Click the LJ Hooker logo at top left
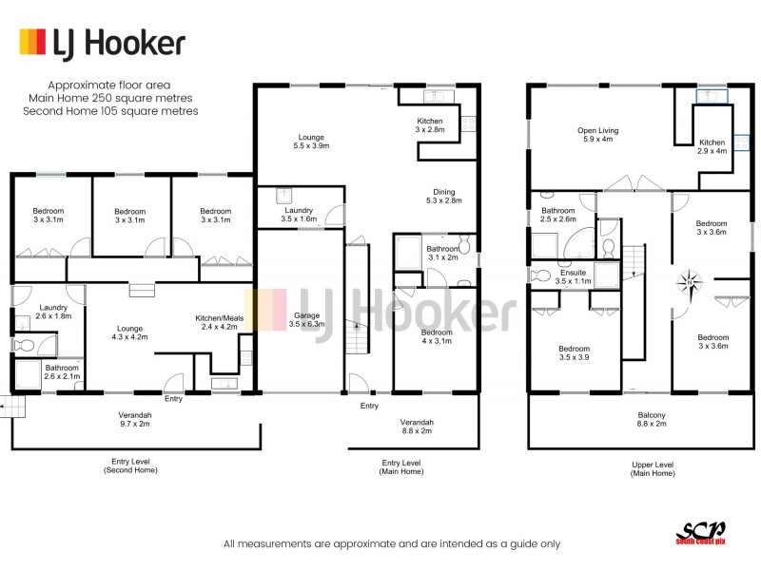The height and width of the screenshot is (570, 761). pyautogui.click(x=102, y=44)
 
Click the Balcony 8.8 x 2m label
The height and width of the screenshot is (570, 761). pyautogui.click(x=652, y=421)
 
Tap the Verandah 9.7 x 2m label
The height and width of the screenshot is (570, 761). pyautogui.click(x=136, y=421)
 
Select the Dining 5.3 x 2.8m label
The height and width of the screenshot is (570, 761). pyautogui.click(x=442, y=196)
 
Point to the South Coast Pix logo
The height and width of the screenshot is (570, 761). pyautogui.click(x=700, y=534)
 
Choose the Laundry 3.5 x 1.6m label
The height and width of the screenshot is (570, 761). pyautogui.click(x=298, y=215)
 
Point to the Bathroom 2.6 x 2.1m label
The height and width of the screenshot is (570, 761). pyautogui.click(x=61, y=372)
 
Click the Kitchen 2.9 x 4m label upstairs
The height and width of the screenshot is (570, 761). pyautogui.click(x=712, y=146)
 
